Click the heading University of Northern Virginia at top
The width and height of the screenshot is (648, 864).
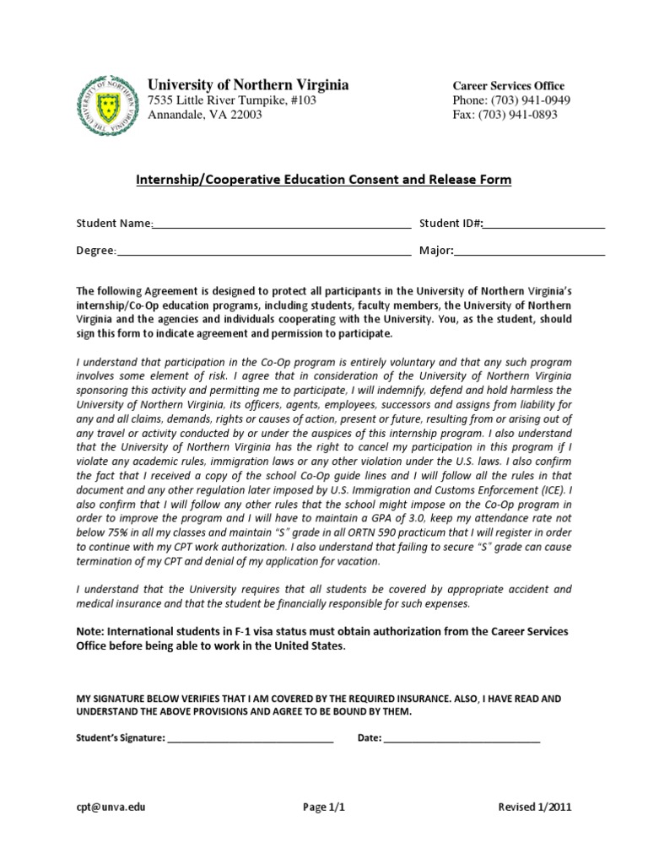[248, 85]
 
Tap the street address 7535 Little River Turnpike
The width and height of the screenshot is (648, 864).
[232, 100]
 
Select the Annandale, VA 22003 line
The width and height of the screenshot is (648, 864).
[205, 116]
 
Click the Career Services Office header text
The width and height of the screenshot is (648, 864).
[509, 86]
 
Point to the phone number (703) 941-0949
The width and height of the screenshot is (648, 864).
[511, 100]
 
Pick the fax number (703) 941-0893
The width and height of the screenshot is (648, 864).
[505, 116]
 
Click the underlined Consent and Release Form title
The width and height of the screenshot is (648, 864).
[324, 180]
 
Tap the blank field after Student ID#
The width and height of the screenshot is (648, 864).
[544, 224]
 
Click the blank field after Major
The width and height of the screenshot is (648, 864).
[530, 251]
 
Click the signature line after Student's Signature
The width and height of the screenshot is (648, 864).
[251, 738]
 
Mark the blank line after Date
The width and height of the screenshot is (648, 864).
[462, 738]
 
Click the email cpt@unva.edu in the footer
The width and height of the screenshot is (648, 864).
[111, 807]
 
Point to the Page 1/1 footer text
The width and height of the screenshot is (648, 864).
[324, 807]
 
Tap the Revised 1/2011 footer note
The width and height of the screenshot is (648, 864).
[535, 807]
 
